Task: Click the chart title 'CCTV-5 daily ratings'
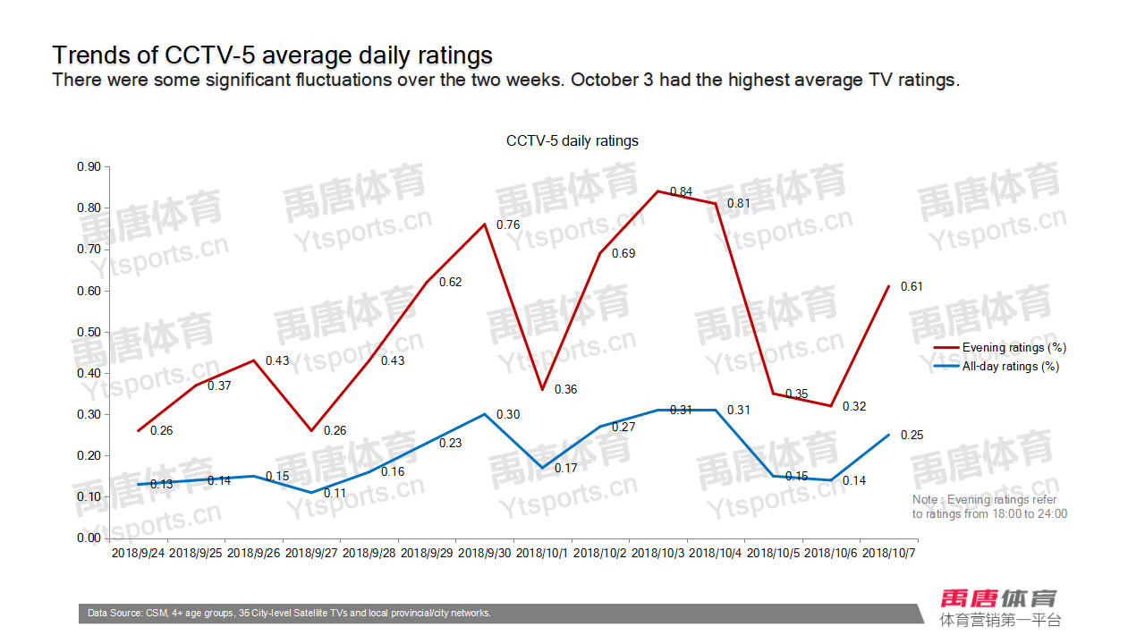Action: click(572, 141)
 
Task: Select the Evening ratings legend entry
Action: click(1014, 348)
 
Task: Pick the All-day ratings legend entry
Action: click(1010, 366)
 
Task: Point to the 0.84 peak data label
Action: click(681, 191)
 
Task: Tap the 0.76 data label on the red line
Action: click(507, 225)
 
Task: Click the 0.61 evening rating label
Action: click(911, 287)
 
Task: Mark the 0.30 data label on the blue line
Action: click(507, 415)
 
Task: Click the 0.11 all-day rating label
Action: click(335, 493)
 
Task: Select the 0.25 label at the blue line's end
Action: click(911, 436)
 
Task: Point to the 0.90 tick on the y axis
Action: click(89, 166)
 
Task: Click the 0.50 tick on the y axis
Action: click(89, 332)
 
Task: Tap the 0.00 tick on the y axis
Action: click(89, 538)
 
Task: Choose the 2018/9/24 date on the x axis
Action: click(138, 554)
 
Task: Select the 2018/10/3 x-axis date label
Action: click(658, 554)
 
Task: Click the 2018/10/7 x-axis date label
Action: click(889, 554)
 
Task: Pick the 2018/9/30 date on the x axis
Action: click(485, 554)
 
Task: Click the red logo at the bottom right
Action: click(999, 598)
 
